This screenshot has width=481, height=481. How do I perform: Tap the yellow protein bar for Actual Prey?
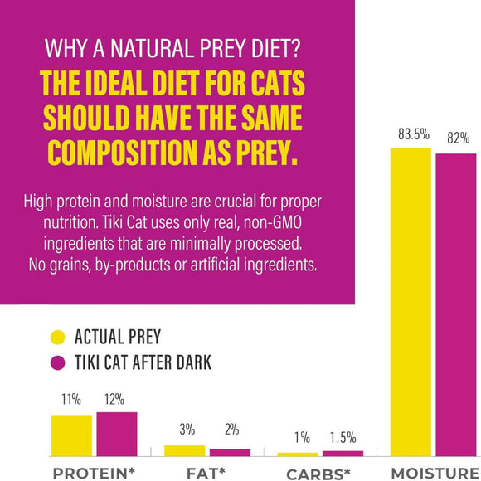(71, 435)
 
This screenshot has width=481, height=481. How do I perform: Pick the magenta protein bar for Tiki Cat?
(117, 434)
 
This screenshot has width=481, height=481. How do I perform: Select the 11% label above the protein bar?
(71, 400)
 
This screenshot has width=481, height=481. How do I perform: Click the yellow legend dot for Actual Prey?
(58, 337)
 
